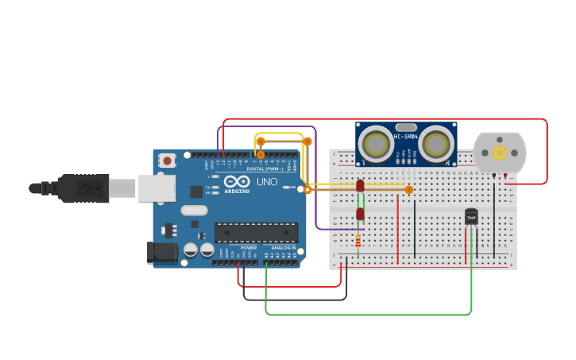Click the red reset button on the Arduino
(x=167, y=161)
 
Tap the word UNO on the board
(x=267, y=182)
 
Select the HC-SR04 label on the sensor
(x=405, y=137)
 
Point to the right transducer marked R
(x=436, y=145)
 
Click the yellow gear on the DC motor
(x=500, y=152)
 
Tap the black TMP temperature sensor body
(x=471, y=216)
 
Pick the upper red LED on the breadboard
(x=360, y=185)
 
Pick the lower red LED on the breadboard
(x=360, y=214)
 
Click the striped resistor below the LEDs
(x=358, y=239)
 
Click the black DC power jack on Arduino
(x=162, y=253)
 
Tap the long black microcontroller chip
(x=256, y=232)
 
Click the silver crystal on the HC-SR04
(x=406, y=127)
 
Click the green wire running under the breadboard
(x=365, y=314)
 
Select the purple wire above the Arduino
(x=266, y=126)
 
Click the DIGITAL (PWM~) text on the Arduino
(x=265, y=168)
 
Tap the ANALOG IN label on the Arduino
(x=283, y=248)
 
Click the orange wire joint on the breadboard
(x=409, y=189)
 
